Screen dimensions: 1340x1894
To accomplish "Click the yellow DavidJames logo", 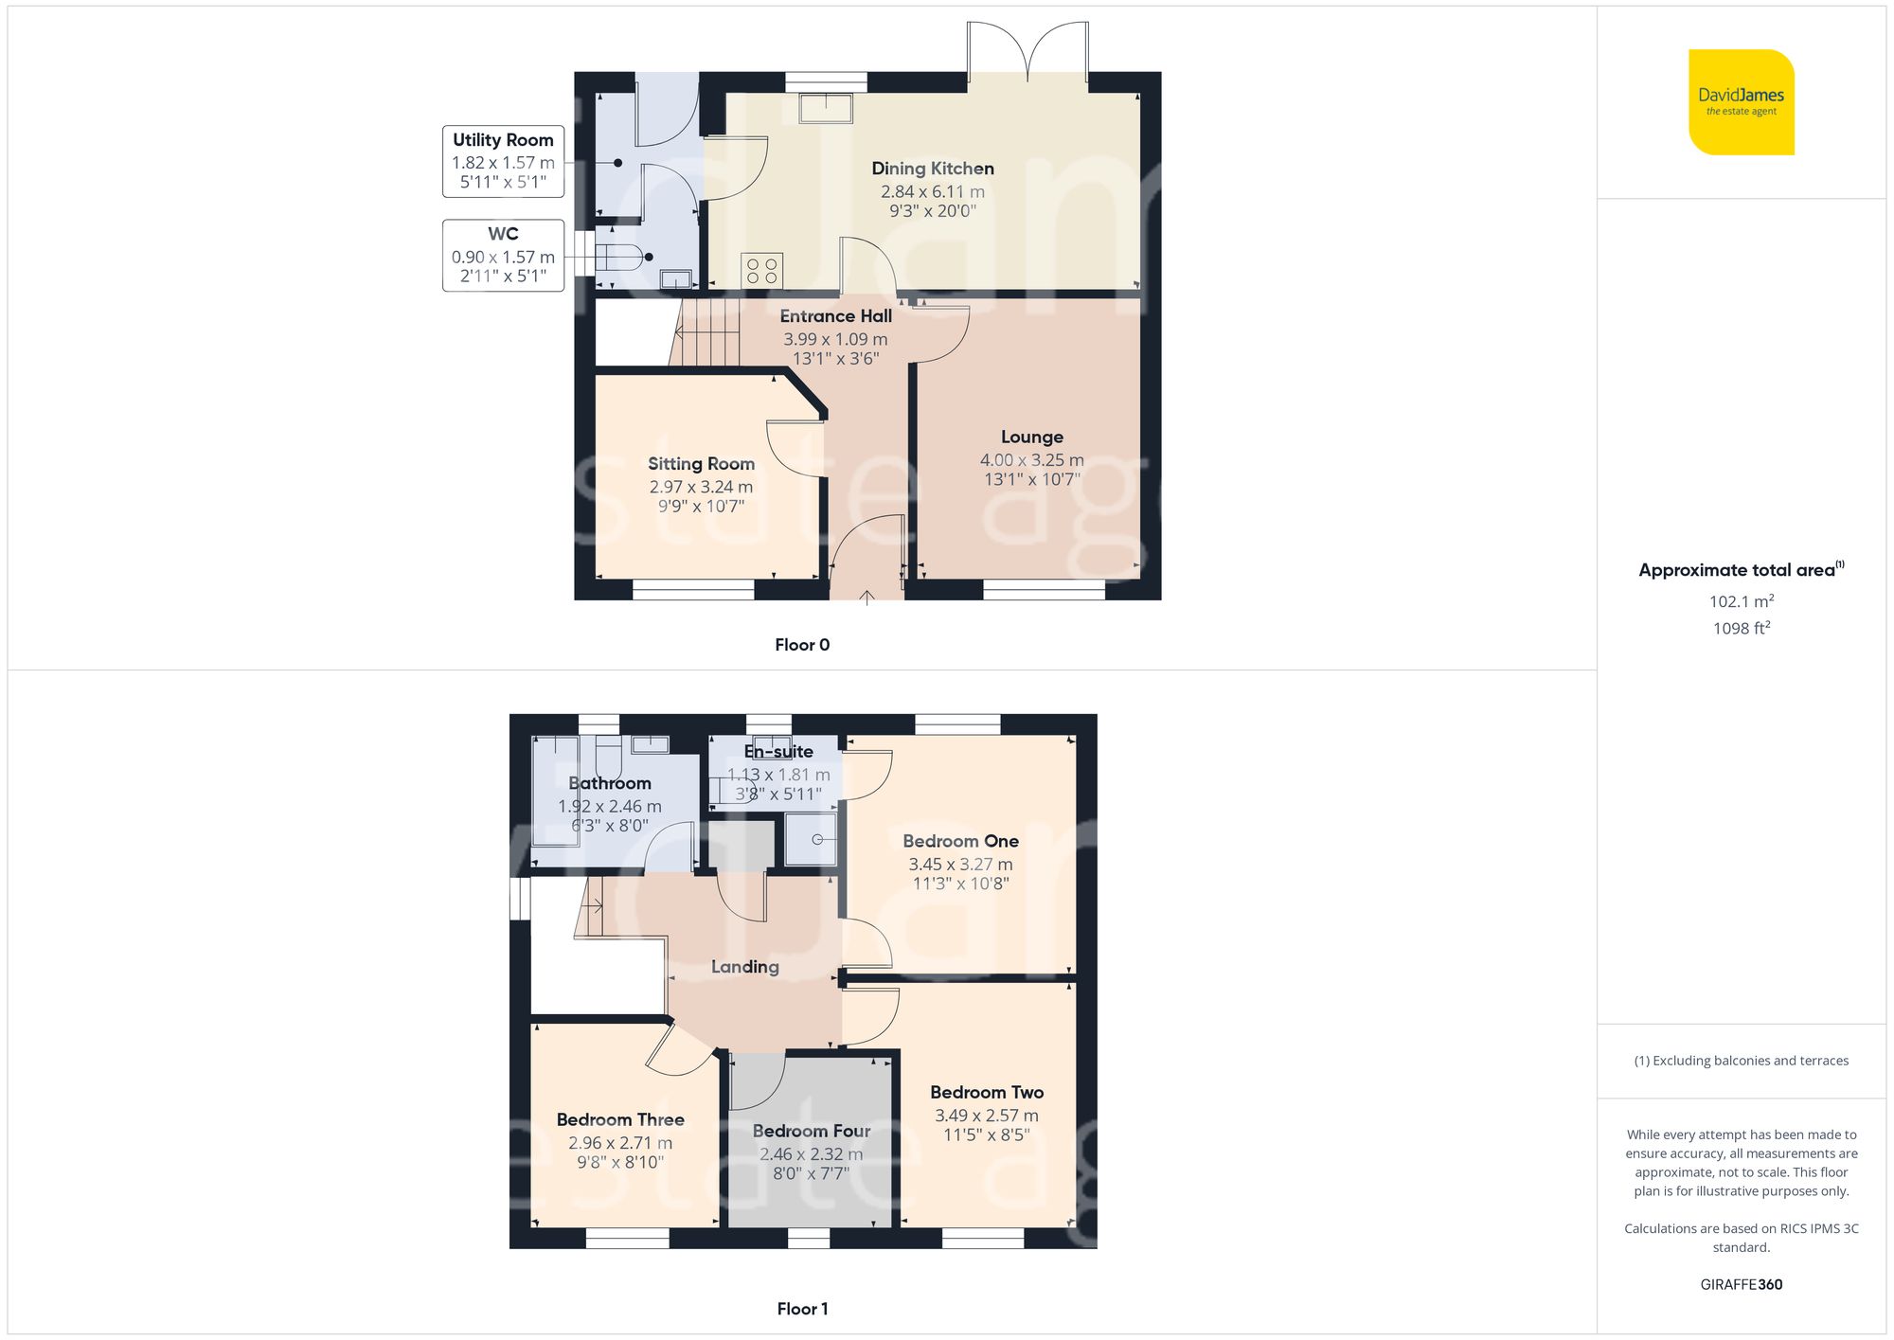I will coord(1741,102).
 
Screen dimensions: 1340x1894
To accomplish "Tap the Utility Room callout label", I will coord(503,161).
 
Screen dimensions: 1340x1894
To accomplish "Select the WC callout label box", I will coord(503,255).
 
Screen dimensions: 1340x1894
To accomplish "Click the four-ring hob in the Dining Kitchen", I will coord(761,269).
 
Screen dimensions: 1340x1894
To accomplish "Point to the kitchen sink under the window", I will coord(826,107).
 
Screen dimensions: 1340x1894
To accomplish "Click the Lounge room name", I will coord(1031,437).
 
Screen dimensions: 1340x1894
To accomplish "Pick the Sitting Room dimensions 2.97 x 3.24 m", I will coord(701,487).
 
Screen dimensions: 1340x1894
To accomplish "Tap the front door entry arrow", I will coord(867,597).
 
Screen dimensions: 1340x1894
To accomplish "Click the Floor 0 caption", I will coord(801,645).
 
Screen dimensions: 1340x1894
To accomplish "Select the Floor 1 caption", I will coord(801,1309).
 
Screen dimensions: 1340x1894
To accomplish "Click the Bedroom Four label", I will coord(811,1131).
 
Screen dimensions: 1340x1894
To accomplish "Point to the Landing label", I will coord(744,967).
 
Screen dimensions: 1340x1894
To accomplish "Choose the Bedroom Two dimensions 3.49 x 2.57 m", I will coord(986,1116).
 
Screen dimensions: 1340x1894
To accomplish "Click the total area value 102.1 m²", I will coord(1741,601).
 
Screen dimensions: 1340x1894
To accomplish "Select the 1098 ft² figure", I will coord(1741,628).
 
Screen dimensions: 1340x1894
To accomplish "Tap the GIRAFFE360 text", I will coord(1741,1285).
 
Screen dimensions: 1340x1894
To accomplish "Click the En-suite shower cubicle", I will coord(812,840).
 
